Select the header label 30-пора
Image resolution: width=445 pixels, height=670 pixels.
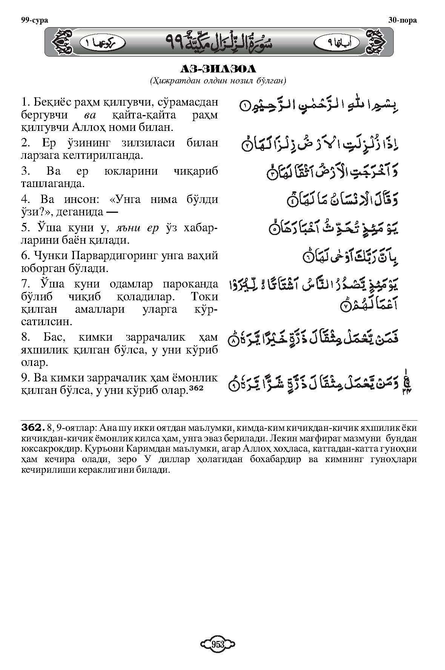402,20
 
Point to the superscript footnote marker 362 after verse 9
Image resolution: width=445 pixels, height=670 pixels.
196,389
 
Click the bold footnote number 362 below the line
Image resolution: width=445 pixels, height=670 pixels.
31,427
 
